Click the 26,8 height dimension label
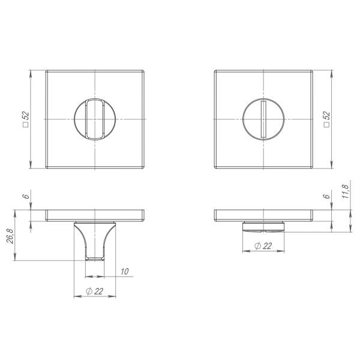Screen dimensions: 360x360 10,236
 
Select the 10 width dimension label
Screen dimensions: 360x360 124,272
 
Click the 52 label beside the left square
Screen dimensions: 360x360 26,116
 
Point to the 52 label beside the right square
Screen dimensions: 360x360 326,116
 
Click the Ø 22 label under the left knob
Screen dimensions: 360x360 94,292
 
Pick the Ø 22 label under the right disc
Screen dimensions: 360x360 263,246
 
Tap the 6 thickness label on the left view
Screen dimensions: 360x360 26,196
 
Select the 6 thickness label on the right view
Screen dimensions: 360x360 326,196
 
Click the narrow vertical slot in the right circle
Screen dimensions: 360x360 263,119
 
